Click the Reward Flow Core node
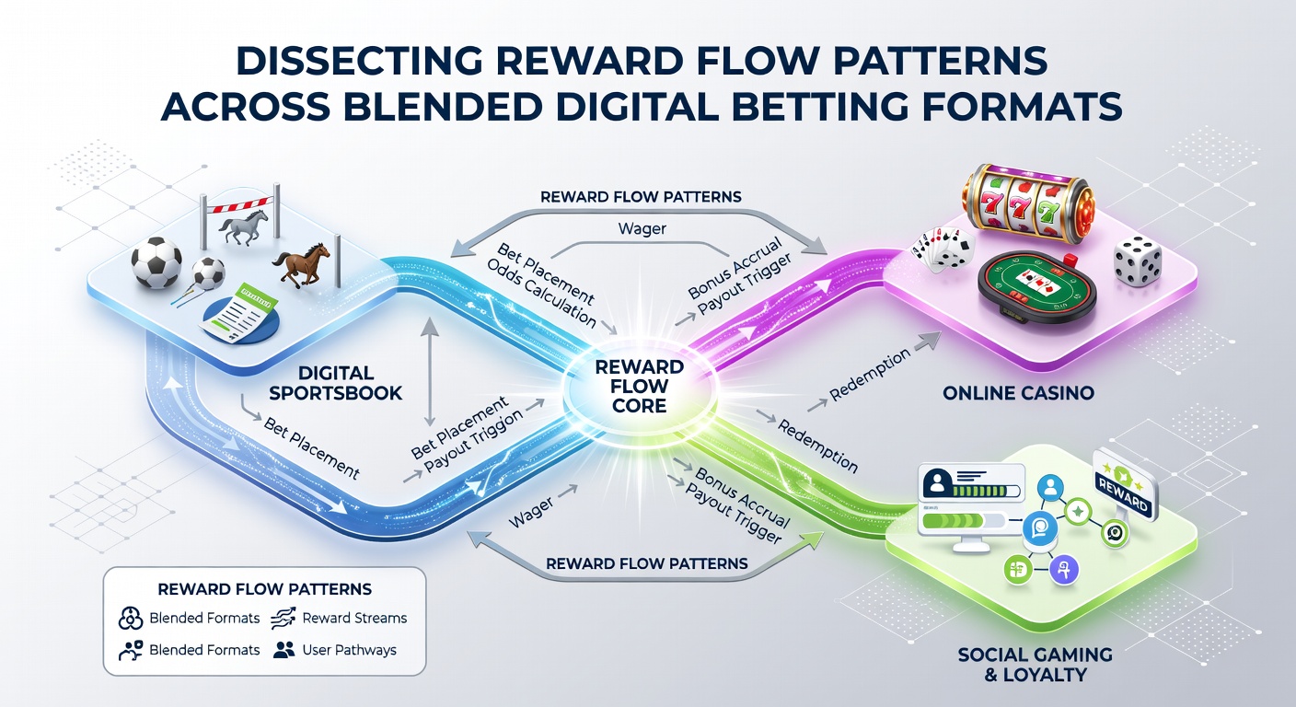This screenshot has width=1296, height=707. (x=640, y=387)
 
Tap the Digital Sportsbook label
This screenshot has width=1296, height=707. (x=336, y=383)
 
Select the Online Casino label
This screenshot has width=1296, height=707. (x=1018, y=393)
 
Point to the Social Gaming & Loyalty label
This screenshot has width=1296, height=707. (x=1036, y=664)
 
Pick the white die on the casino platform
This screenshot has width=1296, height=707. (x=1138, y=261)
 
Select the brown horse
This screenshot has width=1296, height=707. (x=301, y=264)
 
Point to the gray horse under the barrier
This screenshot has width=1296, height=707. (x=244, y=226)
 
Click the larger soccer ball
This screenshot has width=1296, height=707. (x=156, y=262)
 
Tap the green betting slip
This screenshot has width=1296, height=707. (x=239, y=312)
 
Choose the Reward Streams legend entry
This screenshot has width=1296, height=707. (x=339, y=618)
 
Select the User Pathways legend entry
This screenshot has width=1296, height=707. (x=335, y=650)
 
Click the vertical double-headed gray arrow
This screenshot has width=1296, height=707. (x=429, y=372)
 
